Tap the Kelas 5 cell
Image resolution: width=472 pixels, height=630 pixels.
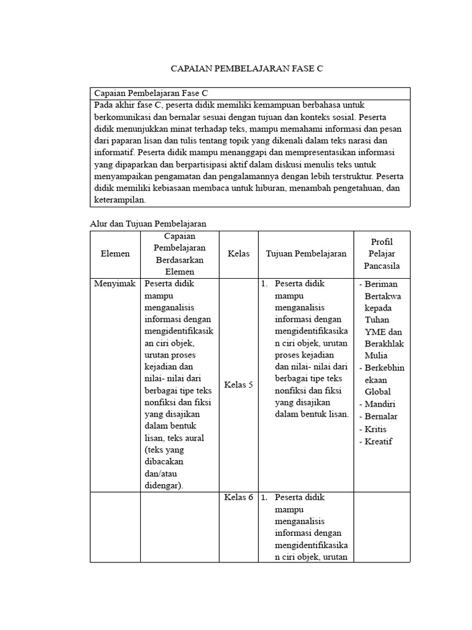[238, 385]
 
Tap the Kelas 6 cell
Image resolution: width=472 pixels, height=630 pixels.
[238, 498]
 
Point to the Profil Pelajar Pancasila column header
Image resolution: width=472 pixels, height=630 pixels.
[382, 253]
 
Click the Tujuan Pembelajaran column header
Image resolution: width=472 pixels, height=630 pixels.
[306, 253]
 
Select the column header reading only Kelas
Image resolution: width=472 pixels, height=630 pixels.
[238, 253]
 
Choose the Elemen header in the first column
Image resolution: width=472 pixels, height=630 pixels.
[115, 253]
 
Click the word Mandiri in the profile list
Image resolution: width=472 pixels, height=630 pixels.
[381, 404]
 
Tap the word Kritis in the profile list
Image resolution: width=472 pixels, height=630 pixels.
[377, 429]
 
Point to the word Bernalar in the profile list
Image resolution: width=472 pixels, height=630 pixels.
[381, 417]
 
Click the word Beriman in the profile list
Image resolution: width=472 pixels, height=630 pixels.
[381, 284]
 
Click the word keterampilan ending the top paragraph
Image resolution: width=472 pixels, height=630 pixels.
[120, 200]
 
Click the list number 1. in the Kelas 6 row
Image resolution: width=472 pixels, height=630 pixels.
[264, 498]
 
